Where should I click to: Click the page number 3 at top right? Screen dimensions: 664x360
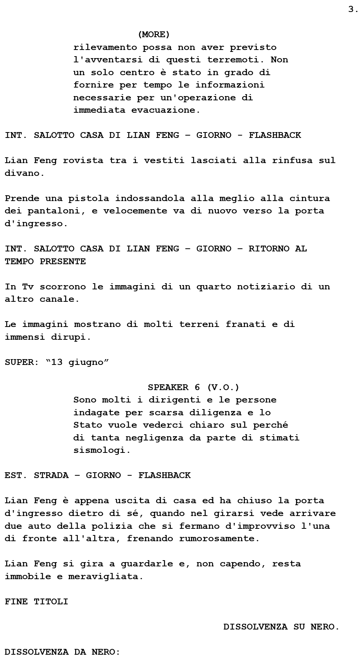[353, 10]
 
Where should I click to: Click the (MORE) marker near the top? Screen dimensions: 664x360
[154, 34]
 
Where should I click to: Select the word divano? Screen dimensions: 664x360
[24, 173]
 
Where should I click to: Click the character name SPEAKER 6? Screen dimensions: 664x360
[174, 387]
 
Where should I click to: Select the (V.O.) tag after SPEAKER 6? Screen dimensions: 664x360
[223, 387]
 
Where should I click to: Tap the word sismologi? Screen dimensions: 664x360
[102, 450]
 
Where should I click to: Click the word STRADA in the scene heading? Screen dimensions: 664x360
[51, 475]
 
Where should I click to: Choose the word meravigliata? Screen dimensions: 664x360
[105, 576]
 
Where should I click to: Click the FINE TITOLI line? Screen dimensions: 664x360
[36, 602]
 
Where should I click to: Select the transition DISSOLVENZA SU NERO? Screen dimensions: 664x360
[281, 627]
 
